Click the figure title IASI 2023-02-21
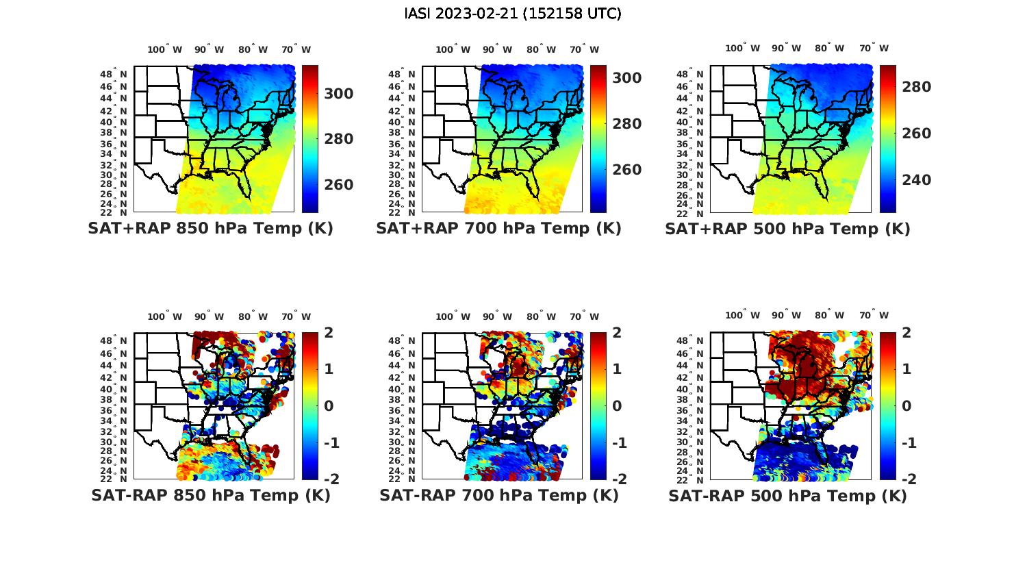click(513, 14)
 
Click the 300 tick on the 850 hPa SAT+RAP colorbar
click(339, 94)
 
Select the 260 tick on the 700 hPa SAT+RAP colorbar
click(626, 170)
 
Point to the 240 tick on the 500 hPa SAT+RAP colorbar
click(916, 180)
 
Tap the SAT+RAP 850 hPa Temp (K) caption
click(210, 229)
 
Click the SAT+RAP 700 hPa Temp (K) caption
click(498, 229)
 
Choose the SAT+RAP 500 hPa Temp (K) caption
click(787, 229)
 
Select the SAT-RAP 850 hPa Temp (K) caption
click(210, 496)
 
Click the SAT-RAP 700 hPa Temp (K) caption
click(499, 496)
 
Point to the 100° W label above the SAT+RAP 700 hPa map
click(453, 49)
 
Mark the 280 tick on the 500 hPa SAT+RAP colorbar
click(916, 87)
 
